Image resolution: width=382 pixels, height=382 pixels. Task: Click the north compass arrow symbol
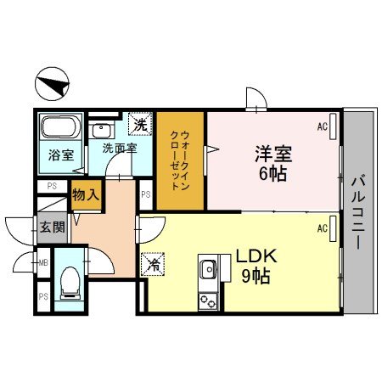(53, 84)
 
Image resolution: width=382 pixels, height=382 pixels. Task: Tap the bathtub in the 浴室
(59, 130)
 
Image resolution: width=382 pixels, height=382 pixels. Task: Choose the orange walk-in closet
(179, 161)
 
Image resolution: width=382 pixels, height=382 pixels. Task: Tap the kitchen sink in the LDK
(206, 270)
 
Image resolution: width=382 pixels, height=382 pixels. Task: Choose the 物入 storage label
(85, 195)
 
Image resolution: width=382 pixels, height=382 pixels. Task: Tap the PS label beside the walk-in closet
(145, 194)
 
